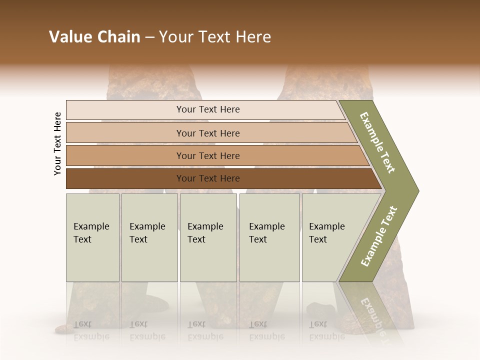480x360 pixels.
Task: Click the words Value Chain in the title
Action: coord(94,37)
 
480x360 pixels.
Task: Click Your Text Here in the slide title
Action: coord(215,37)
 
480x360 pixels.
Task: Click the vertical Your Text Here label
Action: coord(57,143)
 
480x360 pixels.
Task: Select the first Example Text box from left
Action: coord(92,237)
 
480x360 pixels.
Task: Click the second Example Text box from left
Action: coord(149,237)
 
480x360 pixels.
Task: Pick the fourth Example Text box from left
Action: coord(269,237)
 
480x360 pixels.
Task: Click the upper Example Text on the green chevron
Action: coord(378,143)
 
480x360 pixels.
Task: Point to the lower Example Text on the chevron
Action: coord(379,236)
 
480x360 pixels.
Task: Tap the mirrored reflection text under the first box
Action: coord(91,330)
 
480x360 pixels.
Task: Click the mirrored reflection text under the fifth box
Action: coord(326,330)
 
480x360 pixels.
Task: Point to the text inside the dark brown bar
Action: coord(208,178)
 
